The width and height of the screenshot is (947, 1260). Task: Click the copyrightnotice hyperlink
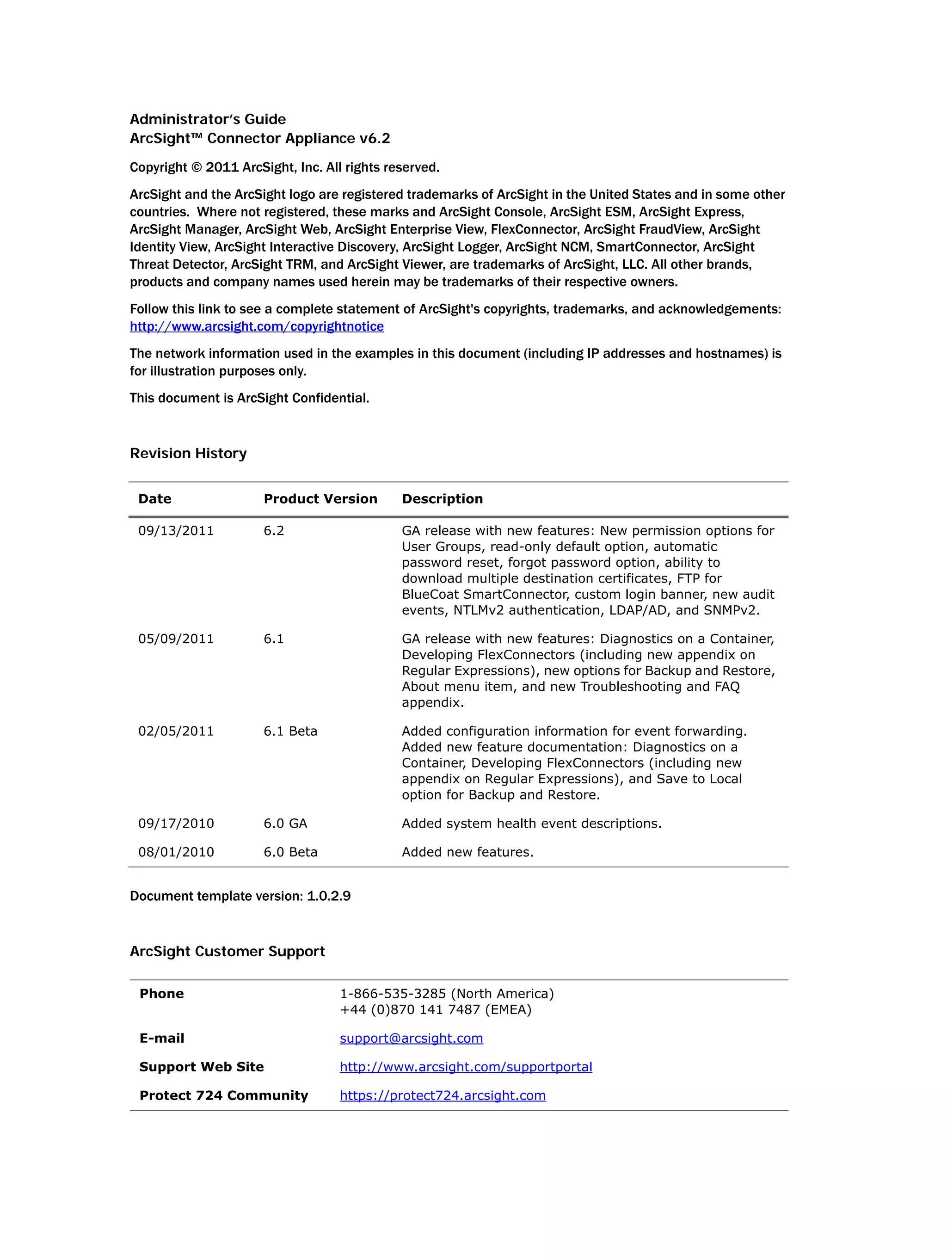pyautogui.click(x=257, y=326)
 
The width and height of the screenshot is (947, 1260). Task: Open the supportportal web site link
pyautogui.click(x=466, y=1066)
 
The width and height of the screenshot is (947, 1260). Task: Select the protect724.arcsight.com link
pyautogui.click(x=442, y=1095)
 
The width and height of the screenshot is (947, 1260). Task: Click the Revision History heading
pyautogui.click(x=188, y=454)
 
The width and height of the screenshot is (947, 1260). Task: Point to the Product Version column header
pyautogui.click(x=320, y=499)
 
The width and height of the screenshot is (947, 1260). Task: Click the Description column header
pyautogui.click(x=442, y=499)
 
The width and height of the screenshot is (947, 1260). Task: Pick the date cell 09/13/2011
pyautogui.click(x=176, y=531)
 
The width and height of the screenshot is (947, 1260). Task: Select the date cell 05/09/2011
pyautogui.click(x=176, y=639)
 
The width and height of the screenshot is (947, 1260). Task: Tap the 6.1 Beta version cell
pyautogui.click(x=290, y=731)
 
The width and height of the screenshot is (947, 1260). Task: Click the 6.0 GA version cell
pyautogui.click(x=285, y=824)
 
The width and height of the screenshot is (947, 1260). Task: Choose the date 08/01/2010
pyautogui.click(x=176, y=852)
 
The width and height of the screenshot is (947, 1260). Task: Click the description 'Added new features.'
pyautogui.click(x=467, y=852)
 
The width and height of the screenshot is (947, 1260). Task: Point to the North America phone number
pyautogui.click(x=447, y=993)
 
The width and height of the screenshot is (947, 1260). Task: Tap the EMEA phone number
pyautogui.click(x=435, y=1009)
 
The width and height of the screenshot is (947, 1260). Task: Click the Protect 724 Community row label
pyautogui.click(x=223, y=1095)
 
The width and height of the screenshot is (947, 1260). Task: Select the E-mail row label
pyautogui.click(x=162, y=1039)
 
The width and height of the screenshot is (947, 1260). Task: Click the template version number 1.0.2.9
pyautogui.click(x=329, y=896)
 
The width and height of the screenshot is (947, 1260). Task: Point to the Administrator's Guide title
pyautogui.click(x=208, y=119)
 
